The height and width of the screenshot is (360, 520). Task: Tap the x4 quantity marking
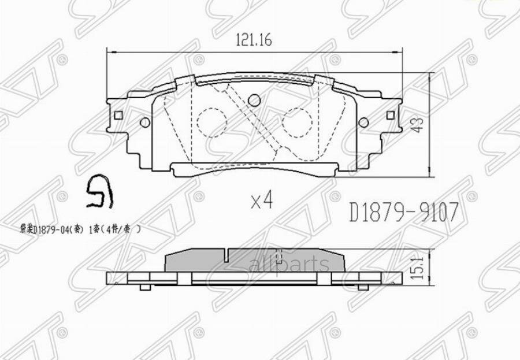(x=262, y=201)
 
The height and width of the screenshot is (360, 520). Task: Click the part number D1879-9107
(x=404, y=213)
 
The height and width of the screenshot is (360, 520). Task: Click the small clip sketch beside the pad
(x=99, y=192)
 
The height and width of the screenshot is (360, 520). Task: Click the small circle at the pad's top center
(x=254, y=101)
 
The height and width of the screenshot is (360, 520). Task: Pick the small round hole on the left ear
(x=145, y=123)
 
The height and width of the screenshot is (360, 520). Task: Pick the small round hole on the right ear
(x=363, y=123)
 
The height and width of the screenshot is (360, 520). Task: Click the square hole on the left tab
(x=118, y=115)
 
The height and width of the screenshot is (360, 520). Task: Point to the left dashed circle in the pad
(x=211, y=123)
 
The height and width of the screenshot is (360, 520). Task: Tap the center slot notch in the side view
(x=229, y=254)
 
